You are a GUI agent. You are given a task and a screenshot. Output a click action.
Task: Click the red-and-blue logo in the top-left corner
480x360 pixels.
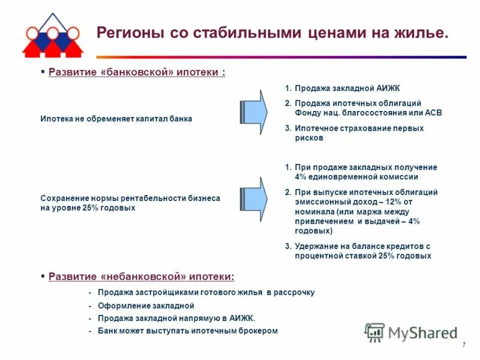(51, 34)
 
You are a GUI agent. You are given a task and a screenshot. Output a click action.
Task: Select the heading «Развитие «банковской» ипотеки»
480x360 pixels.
(136, 73)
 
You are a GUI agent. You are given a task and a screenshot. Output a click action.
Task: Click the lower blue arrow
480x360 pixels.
(254, 199)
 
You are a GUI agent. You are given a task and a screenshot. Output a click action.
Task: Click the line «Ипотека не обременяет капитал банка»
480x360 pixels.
(116, 119)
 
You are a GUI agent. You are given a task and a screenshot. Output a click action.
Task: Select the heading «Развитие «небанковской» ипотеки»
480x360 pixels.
(141, 277)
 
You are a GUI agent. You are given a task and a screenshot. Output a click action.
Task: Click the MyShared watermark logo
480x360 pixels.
(412, 332)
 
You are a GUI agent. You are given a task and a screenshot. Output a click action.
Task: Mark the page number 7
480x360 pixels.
(464, 344)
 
